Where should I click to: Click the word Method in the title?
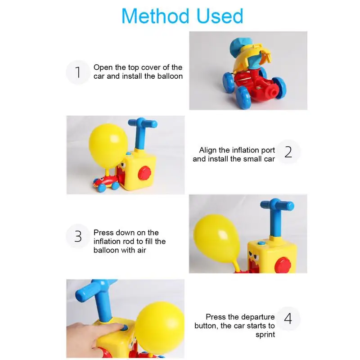155,16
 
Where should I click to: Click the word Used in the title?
220,16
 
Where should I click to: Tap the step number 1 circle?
78,72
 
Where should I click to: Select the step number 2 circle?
288,152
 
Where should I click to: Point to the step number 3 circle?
78,236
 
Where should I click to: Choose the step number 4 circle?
288,319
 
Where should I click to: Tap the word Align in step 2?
208,150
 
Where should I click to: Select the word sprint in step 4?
265,335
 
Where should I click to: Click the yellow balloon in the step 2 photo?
108,147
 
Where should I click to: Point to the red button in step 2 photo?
144,173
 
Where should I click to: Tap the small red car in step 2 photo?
106,183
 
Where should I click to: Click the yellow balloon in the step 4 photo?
160,328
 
